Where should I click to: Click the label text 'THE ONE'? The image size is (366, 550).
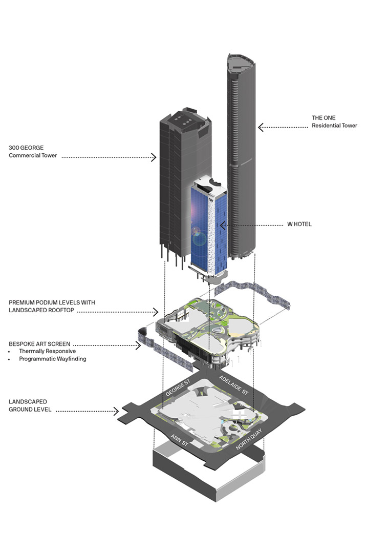324,118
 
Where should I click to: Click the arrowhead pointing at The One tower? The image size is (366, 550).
261,127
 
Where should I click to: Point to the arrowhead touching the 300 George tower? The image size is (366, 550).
154,157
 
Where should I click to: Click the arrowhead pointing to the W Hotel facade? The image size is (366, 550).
223,225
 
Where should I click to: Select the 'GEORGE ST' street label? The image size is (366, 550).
178,386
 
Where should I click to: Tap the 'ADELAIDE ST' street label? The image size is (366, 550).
233,385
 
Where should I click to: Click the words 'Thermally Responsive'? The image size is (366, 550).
47,351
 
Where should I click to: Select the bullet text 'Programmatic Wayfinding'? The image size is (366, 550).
52,359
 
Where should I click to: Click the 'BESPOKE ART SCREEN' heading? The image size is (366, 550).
39,343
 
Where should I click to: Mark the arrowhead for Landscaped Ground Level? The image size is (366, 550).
117,411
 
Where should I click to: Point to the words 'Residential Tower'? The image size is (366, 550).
334,126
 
